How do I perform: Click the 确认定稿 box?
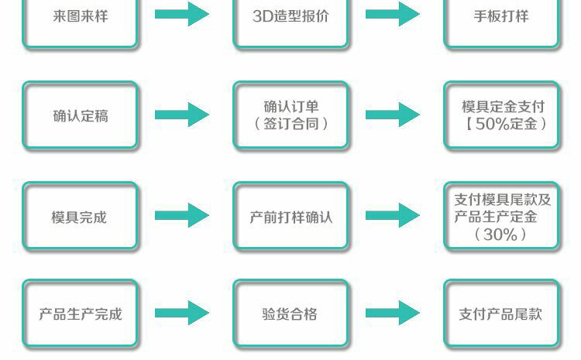(80, 115)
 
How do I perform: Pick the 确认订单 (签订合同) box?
(290, 115)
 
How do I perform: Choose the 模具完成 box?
(80, 215)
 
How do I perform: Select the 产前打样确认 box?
(290, 215)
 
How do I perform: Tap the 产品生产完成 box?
(80, 314)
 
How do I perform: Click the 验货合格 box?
(290, 314)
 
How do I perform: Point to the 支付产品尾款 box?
(501, 314)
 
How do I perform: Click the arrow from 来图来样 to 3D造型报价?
(182, 14)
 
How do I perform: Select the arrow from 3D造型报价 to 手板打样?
(393, 14)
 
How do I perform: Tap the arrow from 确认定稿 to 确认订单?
(182, 115)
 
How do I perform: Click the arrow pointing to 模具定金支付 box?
(393, 115)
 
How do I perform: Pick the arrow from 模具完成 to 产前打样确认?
(182, 215)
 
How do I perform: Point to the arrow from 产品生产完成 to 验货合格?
(182, 313)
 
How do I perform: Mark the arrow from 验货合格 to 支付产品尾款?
(393, 313)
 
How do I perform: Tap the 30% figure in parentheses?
(500, 235)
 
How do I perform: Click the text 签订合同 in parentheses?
(290, 124)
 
